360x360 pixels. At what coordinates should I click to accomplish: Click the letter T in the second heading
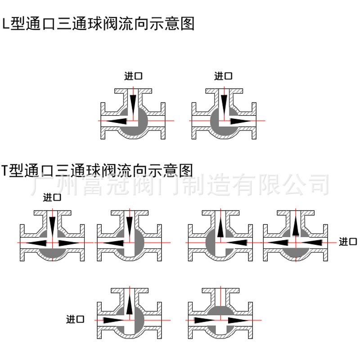point(5,171)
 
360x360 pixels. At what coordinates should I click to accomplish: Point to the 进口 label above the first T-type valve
point(52,197)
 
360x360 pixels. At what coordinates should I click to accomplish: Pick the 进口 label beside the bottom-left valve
point(75,320)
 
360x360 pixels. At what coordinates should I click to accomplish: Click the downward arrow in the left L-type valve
point(133,104)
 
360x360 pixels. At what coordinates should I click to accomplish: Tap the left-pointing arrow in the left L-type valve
point(118,121)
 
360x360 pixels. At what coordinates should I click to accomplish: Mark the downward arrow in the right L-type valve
point(223,104)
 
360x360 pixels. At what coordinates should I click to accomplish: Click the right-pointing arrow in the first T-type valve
point(68,243)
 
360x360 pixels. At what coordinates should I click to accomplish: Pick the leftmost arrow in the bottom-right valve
point(205,320)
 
